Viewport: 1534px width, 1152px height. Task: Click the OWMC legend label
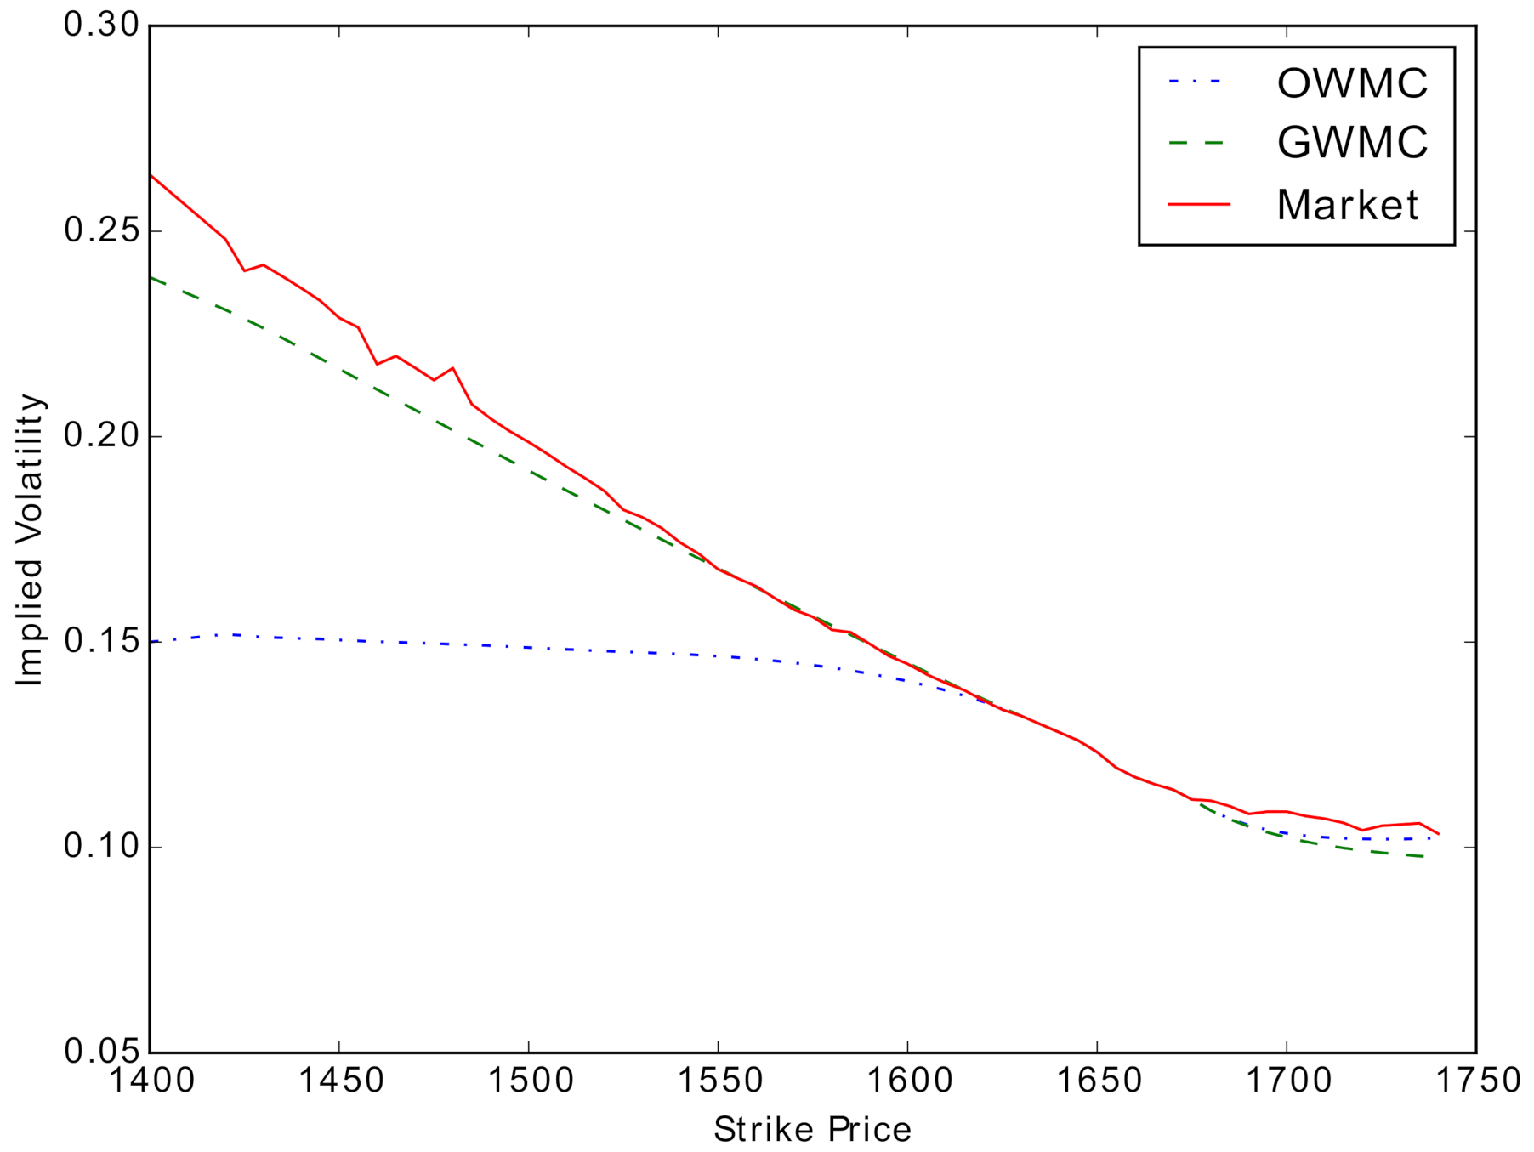pos(1351,83)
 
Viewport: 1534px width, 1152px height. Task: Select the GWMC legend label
pos(1351,143)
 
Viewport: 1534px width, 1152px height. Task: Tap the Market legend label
pos(1347,205)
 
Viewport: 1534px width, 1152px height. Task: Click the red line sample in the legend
pos(1199,205)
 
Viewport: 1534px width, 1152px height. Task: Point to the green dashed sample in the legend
pos(1199,143)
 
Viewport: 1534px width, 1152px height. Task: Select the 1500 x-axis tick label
pos(529,1081)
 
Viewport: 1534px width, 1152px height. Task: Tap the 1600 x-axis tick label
pos(907,1081)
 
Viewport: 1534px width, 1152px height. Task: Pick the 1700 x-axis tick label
pos(1287,1081)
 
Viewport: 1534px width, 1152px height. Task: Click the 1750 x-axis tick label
pos(1477,1081)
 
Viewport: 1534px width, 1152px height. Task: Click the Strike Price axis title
pos(812,1130)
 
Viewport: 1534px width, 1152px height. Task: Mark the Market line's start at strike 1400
pos(151,175)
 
